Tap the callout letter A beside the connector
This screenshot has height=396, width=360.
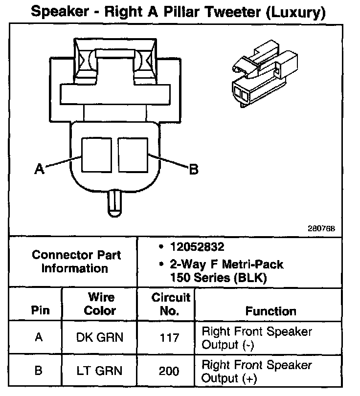[x=39, y=169]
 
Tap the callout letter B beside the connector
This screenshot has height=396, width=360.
[x=194, y=169]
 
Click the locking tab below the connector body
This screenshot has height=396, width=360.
[x=113, y=201]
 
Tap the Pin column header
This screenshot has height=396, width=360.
[x=37, y=310]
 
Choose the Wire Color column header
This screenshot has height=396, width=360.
[x=100, y=304]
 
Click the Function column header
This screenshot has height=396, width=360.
[x=270, y=311]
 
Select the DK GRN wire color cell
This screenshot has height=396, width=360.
[x=100, y=337]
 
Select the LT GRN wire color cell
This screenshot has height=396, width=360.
[x=100, y=371]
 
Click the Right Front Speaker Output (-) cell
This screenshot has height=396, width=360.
[x=256, y=338]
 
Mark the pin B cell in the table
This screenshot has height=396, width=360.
[x=38, y=371]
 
